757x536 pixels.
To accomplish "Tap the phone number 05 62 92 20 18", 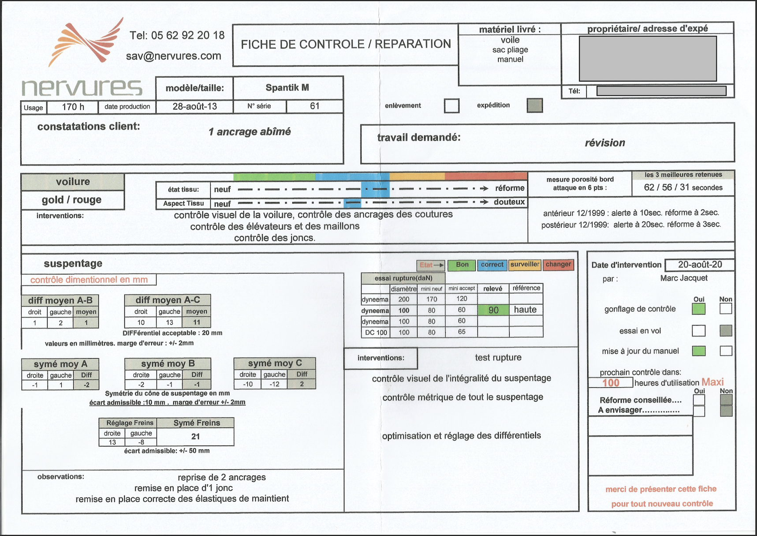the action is (x=188, y=35).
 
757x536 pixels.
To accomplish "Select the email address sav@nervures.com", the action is (x=174, y=56).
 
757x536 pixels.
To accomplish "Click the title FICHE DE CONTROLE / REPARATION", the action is (x=346, y=44).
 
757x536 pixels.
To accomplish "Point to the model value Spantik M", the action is (x=287, y=87).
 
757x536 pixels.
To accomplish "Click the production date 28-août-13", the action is (x=195, y=106).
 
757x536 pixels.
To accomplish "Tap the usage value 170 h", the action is (x=73, y=107).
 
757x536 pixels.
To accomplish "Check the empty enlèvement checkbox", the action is (x=452, y=106).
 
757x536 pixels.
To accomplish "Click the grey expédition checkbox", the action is (x=535, y=105).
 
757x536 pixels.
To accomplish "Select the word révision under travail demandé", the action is (x=605, y=143).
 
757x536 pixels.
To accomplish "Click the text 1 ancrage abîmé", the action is (x=250, y=131).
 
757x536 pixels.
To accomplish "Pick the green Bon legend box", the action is (x=462, y=265).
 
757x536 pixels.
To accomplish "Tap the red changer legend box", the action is (x=558, y=265).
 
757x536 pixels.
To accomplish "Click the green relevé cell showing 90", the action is (x=493, y=310).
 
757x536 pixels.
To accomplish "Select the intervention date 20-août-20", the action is (x=700, y=264).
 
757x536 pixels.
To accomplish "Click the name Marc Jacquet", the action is (x=684, y=278).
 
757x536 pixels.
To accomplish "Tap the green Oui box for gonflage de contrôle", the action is (x=699, y=309).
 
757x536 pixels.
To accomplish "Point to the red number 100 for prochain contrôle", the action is (x=611, y=383).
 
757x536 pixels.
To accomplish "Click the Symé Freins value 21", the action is (x=196, y=436).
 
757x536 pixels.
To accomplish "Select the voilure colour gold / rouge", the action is (x=72, y=200).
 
